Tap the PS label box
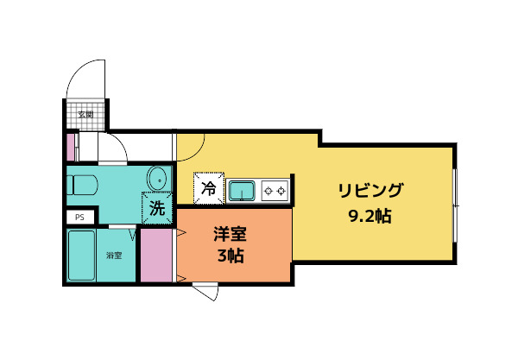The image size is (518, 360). coord(79,218)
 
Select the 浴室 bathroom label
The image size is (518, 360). coord(114,255)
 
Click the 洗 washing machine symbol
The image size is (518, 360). coord(157,208)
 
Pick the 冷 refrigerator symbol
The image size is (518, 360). coord(208,187)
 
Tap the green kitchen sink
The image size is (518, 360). coord(241,188)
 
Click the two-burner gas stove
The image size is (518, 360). coord(275,188)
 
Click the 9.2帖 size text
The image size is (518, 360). coord(370,216)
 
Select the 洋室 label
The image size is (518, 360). coord(231,233)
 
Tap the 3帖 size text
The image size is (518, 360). coord(231,256)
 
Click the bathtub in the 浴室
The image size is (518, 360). coord(85,254)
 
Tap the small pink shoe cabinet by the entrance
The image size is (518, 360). coord(71,146)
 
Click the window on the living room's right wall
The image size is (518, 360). coord(455,204)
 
